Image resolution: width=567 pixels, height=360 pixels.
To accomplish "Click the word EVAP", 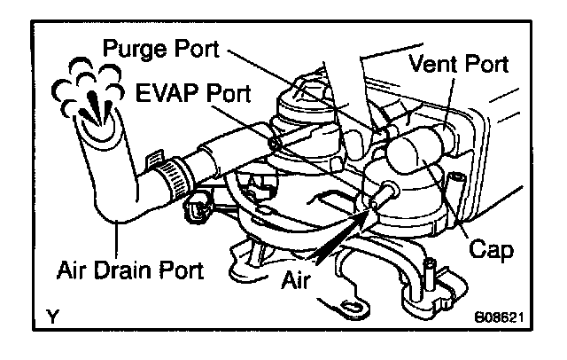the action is (x=165, y=92).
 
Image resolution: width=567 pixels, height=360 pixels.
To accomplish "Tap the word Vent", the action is (x=431, y=64).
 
